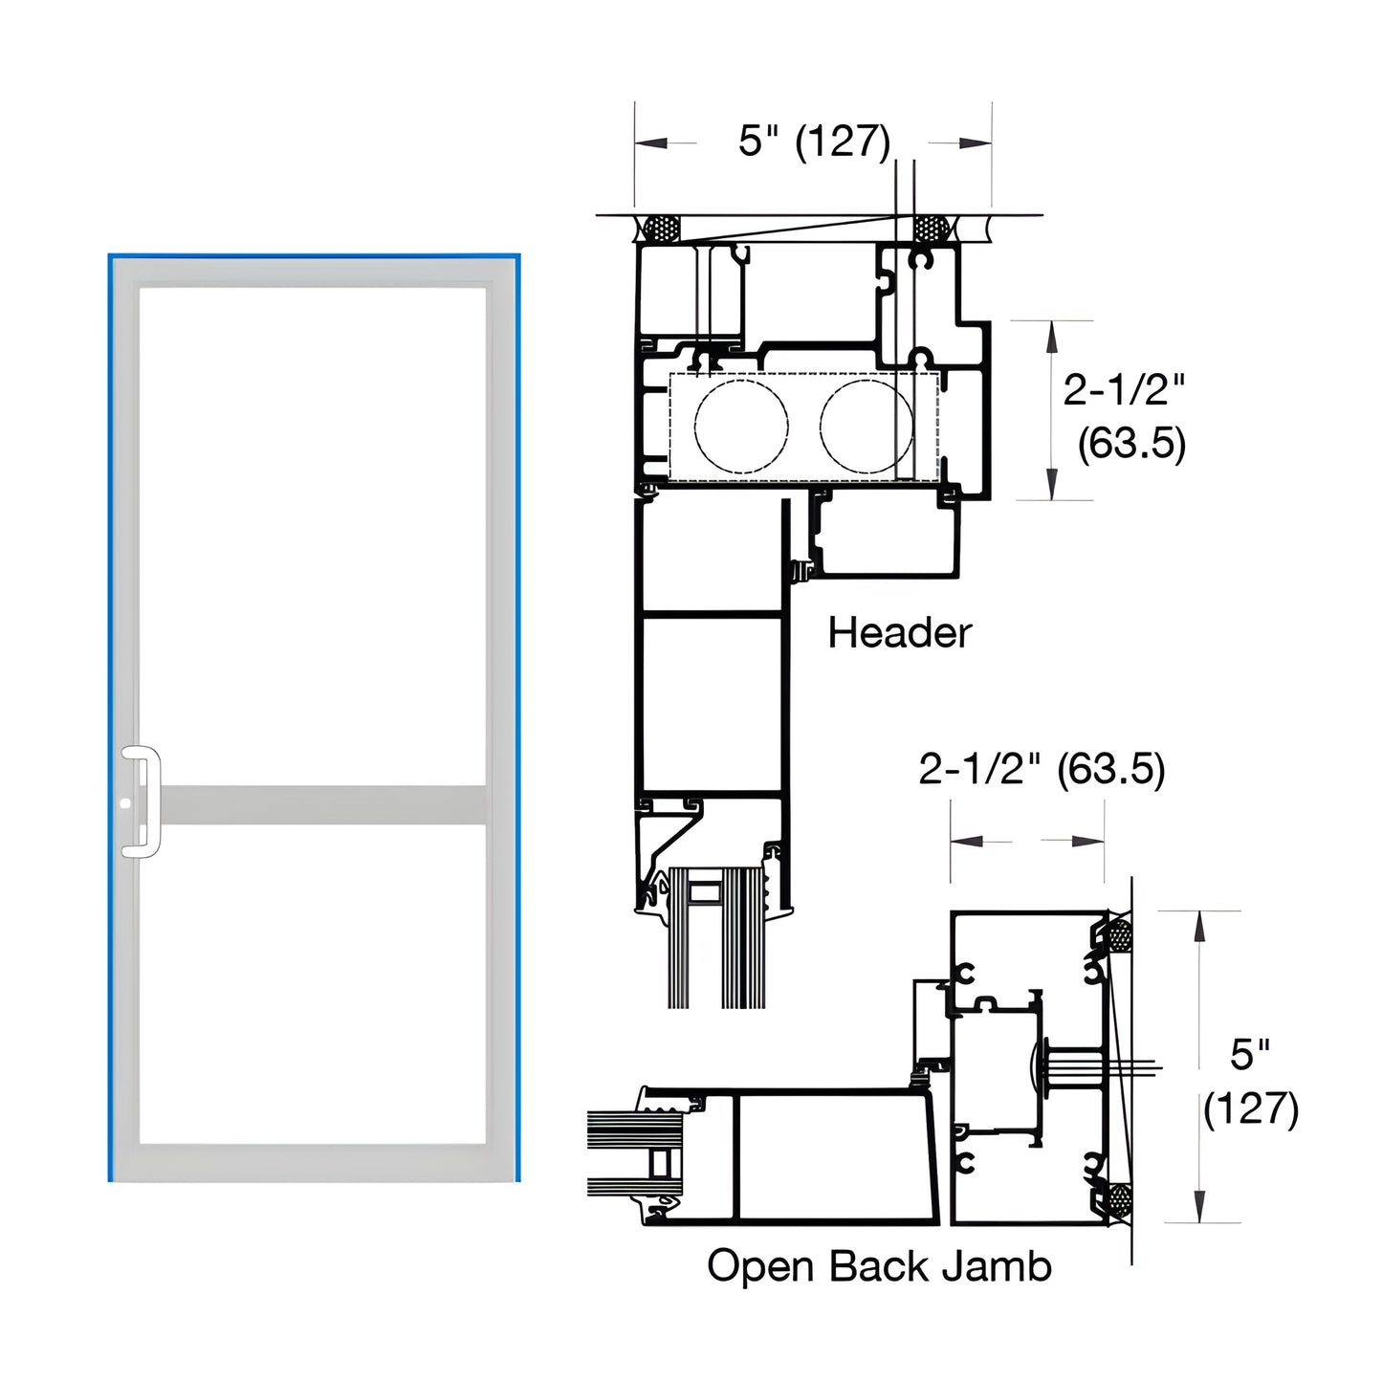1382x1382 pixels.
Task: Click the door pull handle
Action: (x=152, y=801)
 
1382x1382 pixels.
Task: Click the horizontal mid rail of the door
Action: (x=316, y=804)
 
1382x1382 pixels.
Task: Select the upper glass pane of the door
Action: (x=313, y=536)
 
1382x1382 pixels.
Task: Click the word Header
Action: (x=899, y=633)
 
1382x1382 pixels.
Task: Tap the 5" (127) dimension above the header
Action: (x=814, y=141)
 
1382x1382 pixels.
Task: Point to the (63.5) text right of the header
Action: (x=1131, y=444)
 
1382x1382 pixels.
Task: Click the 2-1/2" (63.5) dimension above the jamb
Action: (x=1042, y=769)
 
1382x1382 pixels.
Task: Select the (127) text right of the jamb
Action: (x=1251, y=1109)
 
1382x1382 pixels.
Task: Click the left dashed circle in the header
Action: (x=741, y=427)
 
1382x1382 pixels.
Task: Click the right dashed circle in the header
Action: (x=866, y=427)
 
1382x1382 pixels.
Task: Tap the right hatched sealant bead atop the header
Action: (x=929, y=229)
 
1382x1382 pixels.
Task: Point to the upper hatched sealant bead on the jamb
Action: (x=1118, y=934)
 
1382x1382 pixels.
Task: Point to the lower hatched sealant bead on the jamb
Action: (x=1117, y=1197)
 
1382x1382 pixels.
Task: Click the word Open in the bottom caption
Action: (x=762, y=1266)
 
